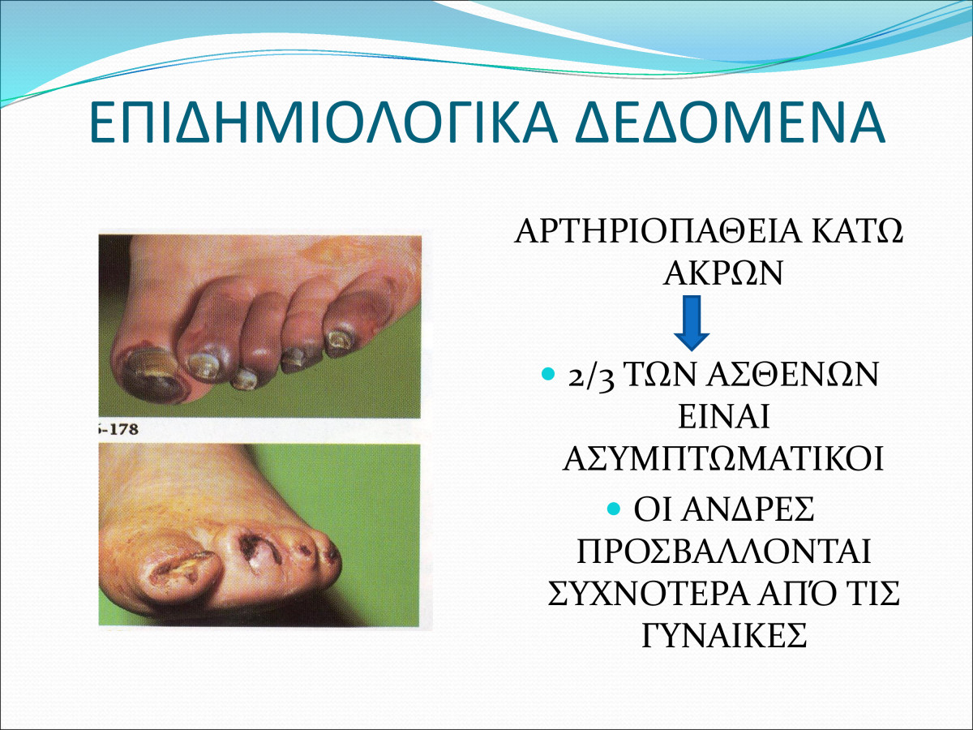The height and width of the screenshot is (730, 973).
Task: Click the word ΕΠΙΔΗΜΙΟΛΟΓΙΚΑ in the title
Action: point(323,122)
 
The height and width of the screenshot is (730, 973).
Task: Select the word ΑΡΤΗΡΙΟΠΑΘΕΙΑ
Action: point(658,231)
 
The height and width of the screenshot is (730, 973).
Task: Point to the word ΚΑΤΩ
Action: point(857,231)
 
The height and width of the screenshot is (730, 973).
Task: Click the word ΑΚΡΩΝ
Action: point(723,273)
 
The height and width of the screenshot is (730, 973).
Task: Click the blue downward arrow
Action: point(692,323)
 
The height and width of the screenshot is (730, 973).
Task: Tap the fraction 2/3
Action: point(591,376)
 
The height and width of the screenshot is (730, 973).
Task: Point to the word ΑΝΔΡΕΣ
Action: point(748,509)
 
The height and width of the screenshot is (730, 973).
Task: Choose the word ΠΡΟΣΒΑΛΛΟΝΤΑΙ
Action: point(724,551)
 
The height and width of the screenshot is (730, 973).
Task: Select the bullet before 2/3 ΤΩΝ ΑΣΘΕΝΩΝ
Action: point(548,374)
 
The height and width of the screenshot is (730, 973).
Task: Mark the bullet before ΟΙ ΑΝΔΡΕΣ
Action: point(614,509)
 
